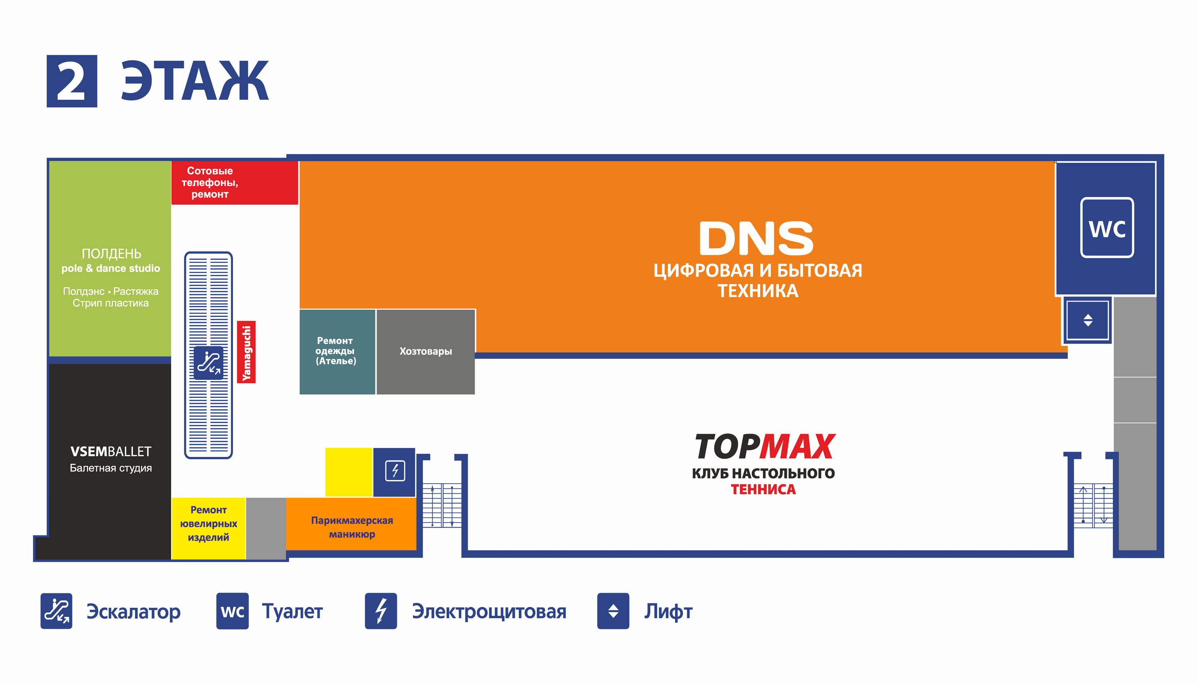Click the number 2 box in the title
pyautogui.click(x=72, y=81)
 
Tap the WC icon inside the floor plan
pyautogui.click(x=1107, y=228)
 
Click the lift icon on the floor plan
pyautogui.click(x=1088, y=320)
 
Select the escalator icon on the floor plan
pyautogui.click(x=209, y=363)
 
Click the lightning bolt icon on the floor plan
pyautogui.click(x=395, y=471)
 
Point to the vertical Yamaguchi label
pyautogui.click(x=246, y=352)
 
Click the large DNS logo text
pyautogui.click(x=756, y=238)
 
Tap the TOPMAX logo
pyautogui.click(x=764, y=447)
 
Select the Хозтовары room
pyautogui.click(x=425, y=352)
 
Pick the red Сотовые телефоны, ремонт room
pyautogui.click(x=234, y=183)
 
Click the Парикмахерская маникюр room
pyautogui.click(x=352, y=527)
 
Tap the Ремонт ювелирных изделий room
pyautogui.click(x=209, y=524)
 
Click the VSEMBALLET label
pyautogui.click(x=111, y=451)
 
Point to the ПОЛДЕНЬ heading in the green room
pyautogui.click(x=111, y=254)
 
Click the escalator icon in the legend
pyautogui.click(x=56, y=611)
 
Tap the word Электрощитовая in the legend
pyautogui.click(x=489, y=611)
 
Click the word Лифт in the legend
pyautogui.click(x=668, y=611)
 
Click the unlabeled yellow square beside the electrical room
pyautogui.click(x=348, y=472)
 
